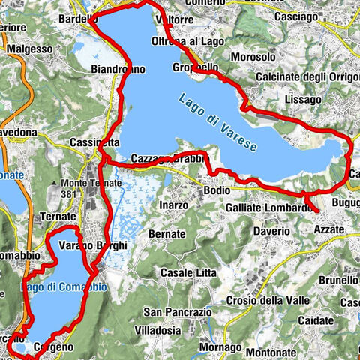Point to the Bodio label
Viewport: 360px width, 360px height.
tap(217, 191)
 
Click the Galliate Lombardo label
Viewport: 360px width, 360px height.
tap(268, 207)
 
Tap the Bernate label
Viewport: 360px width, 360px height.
tap(166, 234)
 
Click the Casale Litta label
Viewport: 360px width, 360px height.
tap(186, 271)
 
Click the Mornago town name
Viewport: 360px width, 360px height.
tap(222, 347)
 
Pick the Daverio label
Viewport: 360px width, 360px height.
tap(270, 231)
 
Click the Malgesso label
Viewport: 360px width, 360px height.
tap(29, 49)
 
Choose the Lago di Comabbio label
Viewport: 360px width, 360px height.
tap(64, 287)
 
